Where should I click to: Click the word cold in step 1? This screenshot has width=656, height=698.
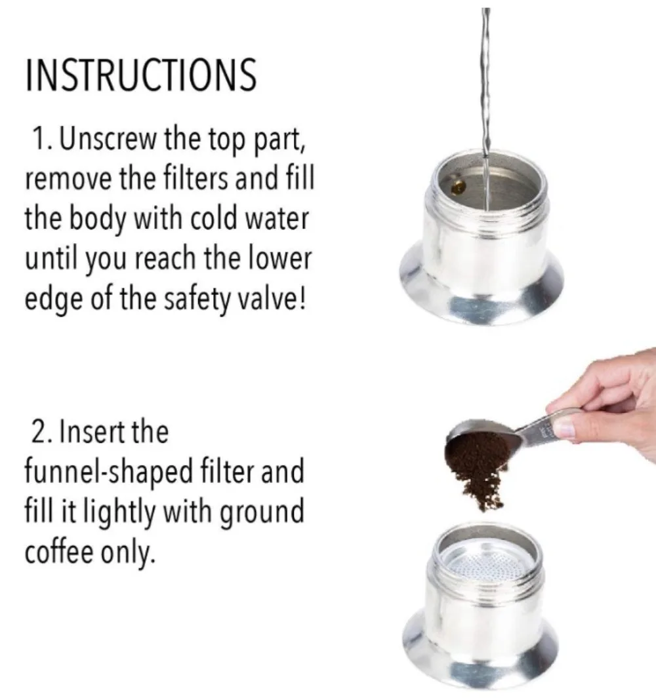point(210,218)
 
